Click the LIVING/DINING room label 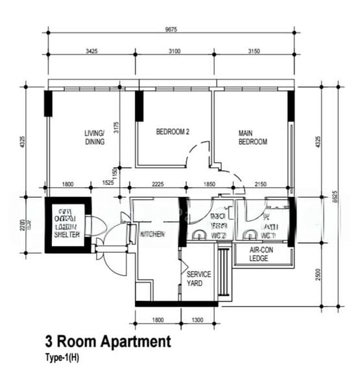[x=94, y=137]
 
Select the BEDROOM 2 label [x=173, y=132]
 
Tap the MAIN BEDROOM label [x=252, y=137]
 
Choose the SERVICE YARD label [x=198, y=279]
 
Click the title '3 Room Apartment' [x=108, y=342]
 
